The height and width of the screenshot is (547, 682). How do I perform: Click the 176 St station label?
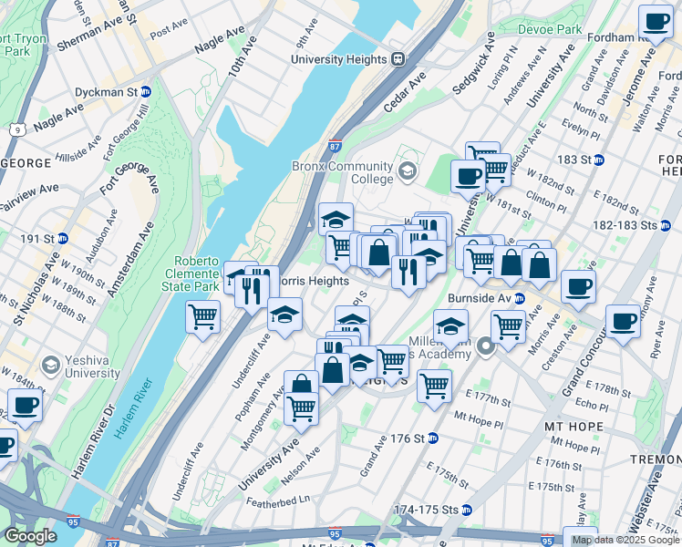tap(410, 438)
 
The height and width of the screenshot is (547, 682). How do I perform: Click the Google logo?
tap(30, 536)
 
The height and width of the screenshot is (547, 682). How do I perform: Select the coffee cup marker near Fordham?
tap(655, 19)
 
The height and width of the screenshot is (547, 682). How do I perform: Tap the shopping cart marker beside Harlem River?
tap(202, 317)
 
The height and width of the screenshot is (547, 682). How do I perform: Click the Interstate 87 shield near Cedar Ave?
tap(335, 146)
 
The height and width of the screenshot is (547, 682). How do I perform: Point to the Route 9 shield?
tap(17, 129)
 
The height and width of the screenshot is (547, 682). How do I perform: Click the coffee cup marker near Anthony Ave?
tap(623, 320)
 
